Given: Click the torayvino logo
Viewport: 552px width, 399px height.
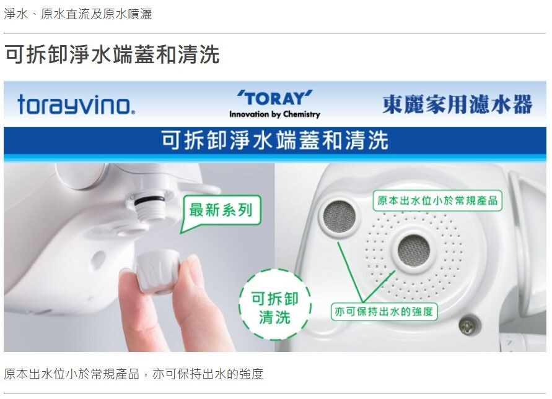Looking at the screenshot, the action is [x=76, y=105].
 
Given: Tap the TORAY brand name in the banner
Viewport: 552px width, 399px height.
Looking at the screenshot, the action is [x=274, y=98].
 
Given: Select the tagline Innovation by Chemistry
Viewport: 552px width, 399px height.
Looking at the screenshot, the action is [x=274, y=114].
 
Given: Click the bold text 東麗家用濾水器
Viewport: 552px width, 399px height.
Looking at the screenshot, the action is [x=457, y=104].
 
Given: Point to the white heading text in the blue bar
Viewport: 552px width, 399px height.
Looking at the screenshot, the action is [x=275, y=140].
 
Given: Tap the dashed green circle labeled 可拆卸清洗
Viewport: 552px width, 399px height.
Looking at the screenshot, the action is [x=274, y=304].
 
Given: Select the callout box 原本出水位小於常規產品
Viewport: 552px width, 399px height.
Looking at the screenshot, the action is [x=437, y=200].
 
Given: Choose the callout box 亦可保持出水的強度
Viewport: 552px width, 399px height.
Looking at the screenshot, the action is [x=384, y=311].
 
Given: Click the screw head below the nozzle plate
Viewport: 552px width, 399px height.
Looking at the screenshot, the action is [x=469, y=326].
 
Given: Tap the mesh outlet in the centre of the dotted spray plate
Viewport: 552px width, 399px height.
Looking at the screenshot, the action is [x=414, y=250].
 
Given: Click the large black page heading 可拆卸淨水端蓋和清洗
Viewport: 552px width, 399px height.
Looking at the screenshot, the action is [x=112, y=54].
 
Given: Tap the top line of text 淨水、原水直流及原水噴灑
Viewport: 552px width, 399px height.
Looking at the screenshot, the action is [x=78, y=14].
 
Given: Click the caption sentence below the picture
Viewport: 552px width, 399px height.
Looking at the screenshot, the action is [x=133, y=374].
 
